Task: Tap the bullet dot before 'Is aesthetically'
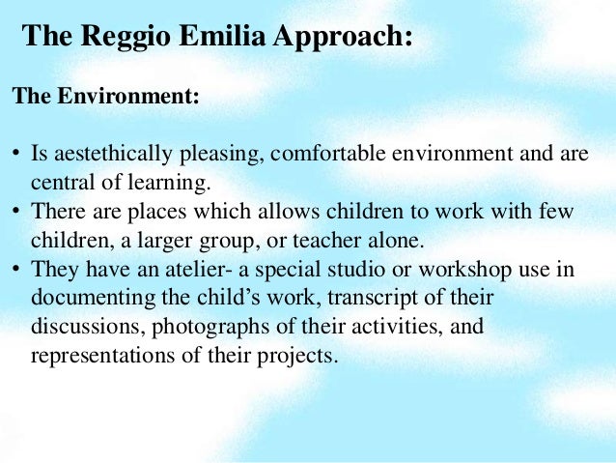pyautogui.click(x=16, y=156)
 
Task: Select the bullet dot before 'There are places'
pyautogui.click(x=16, y=210)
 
